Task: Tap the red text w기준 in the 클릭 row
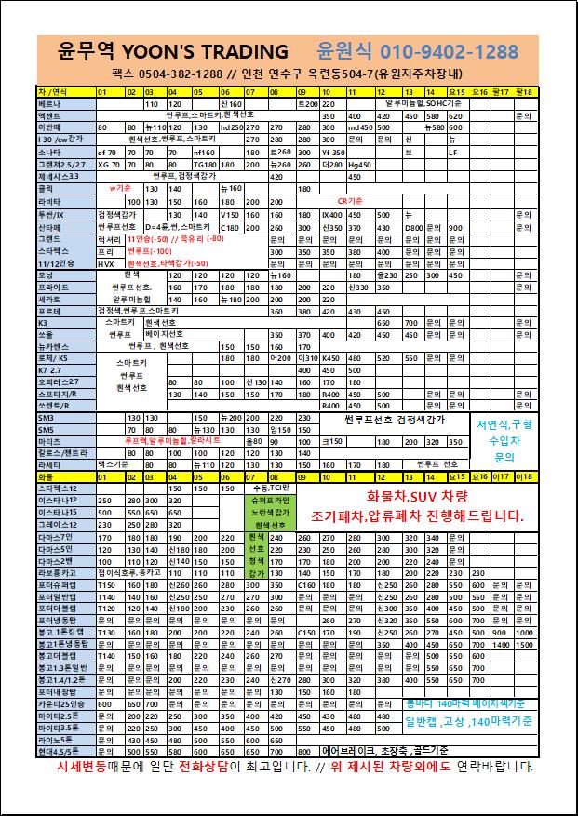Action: [x=120, y=188]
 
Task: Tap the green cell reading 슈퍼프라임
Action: [x=270, y=500]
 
